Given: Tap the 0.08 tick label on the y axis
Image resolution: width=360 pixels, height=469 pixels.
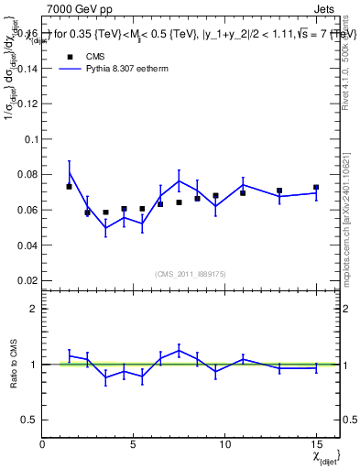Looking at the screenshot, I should click(27, 174).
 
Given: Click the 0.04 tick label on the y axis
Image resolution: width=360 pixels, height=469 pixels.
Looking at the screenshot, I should click(27, 245).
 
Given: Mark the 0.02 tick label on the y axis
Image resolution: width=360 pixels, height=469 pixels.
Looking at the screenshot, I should click(27, 280).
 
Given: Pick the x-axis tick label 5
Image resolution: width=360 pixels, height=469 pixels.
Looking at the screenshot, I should click(134, 444).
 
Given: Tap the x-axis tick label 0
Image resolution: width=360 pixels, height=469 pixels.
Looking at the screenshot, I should click(42, 444).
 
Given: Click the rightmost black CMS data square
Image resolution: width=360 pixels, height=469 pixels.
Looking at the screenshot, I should click(316, 188).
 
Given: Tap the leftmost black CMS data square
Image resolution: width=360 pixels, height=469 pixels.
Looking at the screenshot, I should click(70, 187).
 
